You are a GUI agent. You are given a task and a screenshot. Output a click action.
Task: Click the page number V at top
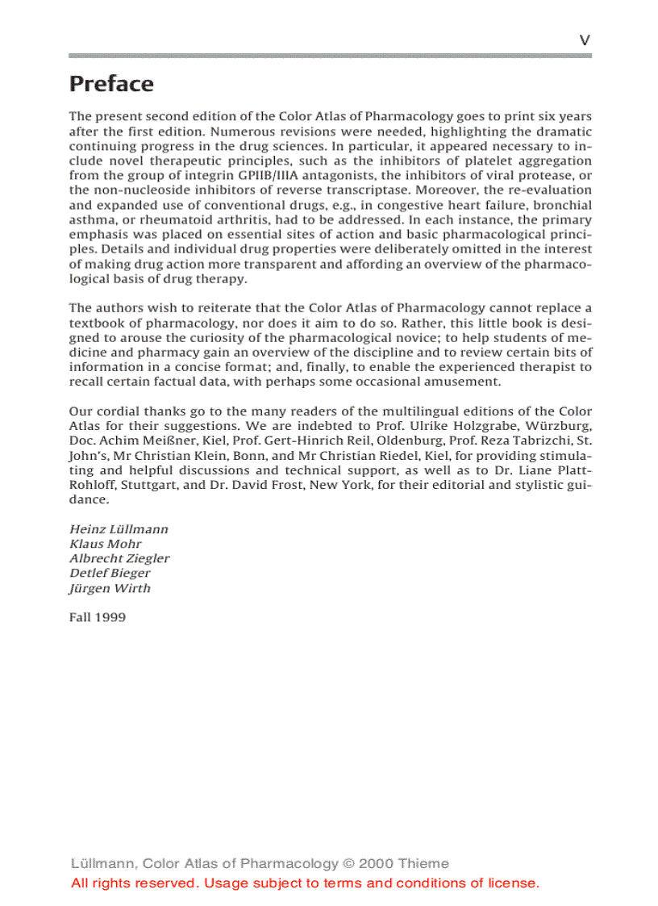click(585, 40)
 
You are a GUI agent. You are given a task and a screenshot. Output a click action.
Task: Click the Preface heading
click(111, 84)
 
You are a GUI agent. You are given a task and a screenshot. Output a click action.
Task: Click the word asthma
click(90, 219)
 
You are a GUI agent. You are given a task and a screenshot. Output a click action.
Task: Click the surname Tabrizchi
click(531, 440)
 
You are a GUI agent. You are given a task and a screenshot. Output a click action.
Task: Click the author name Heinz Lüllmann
click(119, 529)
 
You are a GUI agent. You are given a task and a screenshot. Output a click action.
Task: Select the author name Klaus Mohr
click(106, 544)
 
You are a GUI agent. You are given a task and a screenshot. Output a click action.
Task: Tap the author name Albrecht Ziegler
click(119, 558)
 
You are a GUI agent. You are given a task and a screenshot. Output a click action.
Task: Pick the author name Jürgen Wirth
click(110, 588)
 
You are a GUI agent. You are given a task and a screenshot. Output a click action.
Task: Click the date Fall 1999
click(97, 617)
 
